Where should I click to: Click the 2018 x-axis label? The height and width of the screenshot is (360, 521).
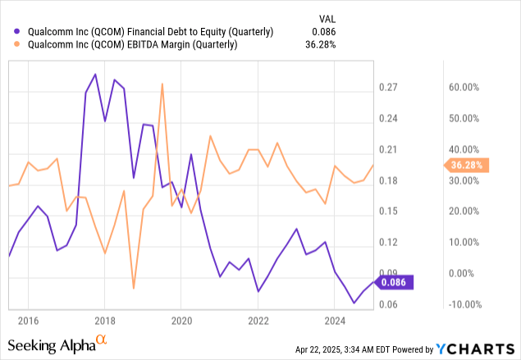click(104, 320)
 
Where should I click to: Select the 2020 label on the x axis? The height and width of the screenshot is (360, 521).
click(181, 320)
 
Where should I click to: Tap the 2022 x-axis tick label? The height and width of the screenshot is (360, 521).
click(258, 320)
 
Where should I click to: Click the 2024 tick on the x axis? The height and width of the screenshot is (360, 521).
click(335, 320)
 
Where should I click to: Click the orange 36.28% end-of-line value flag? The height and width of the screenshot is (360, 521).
click(468, 166)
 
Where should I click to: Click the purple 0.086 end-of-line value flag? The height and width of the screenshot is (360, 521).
click(396, 282)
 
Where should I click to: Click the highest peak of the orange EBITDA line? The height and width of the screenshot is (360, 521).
click(162, 84)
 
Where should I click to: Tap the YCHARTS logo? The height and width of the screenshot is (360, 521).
click(469, 349)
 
